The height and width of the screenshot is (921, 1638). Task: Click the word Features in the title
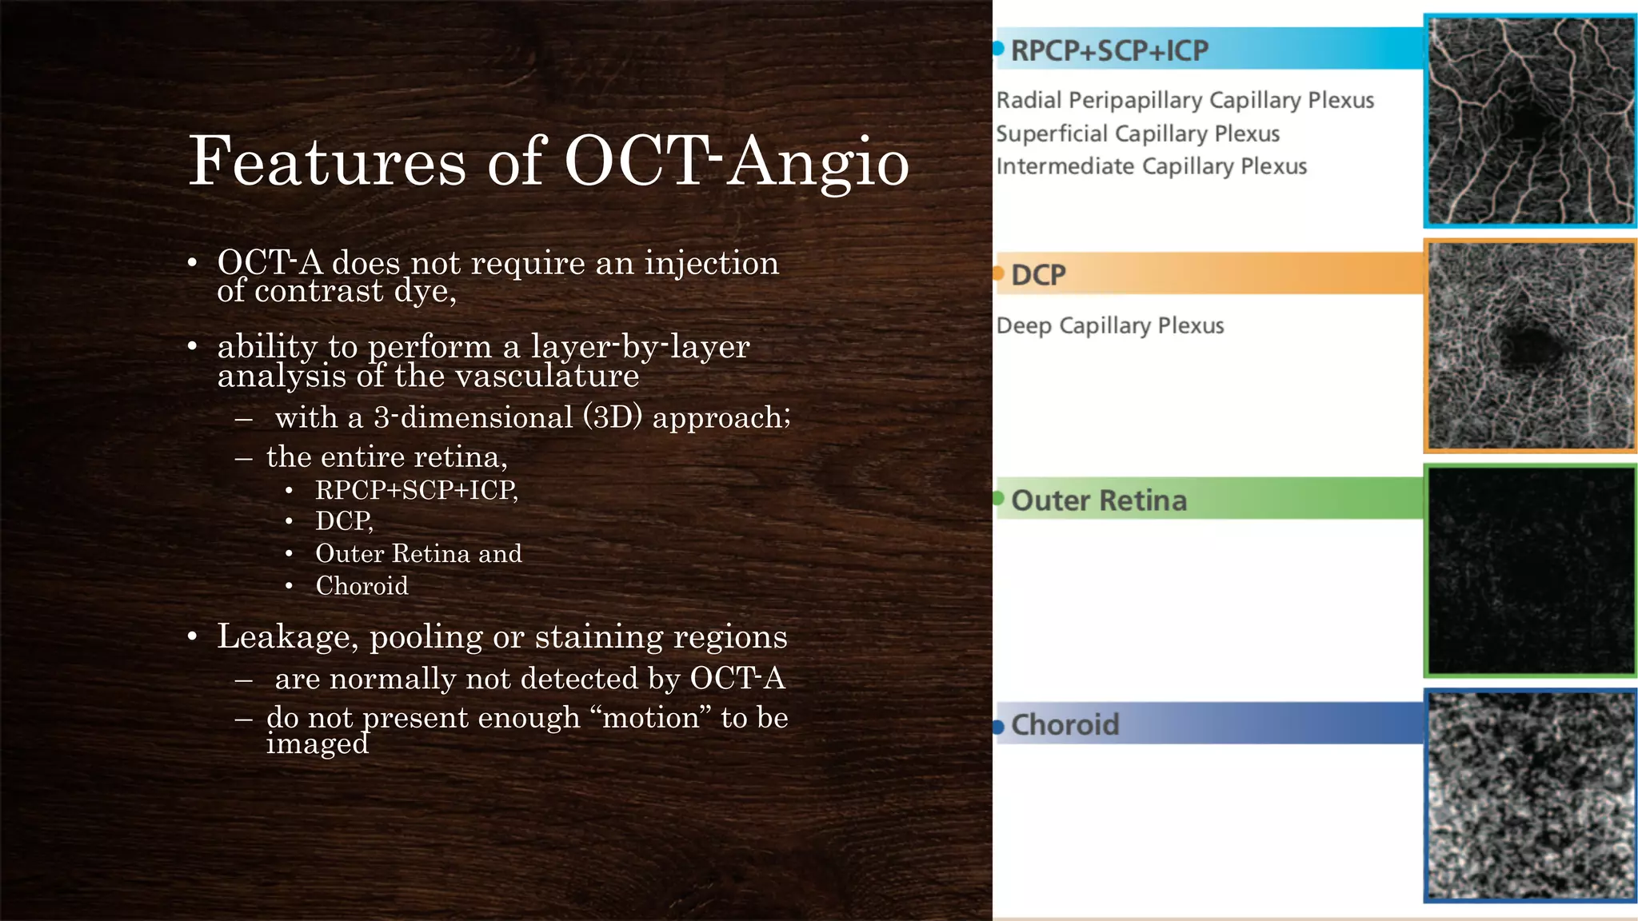(326, 162)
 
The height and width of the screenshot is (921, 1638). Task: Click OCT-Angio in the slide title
(736, 162)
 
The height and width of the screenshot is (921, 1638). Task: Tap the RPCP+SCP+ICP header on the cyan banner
(1109, 50)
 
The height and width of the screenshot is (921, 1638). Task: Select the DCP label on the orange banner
(1038, 275)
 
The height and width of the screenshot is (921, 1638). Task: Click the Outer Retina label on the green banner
(1099, 500)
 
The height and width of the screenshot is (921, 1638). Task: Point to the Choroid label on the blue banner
(1065, 724)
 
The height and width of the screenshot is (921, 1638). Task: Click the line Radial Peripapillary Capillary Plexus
(1185, 101)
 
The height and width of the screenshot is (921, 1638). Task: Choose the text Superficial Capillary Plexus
(1137, 134)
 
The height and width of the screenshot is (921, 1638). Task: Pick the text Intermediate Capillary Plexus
(1151, 166)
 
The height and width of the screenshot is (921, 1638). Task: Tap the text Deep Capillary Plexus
(1109, 325)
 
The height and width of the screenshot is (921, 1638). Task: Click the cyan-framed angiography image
(1530, 121)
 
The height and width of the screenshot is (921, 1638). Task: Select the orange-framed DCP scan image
(1530, 345)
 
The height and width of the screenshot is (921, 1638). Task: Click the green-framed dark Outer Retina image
(1530, 571)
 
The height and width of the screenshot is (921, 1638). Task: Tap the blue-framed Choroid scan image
(1530, 795)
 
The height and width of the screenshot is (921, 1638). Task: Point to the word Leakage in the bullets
(284, 637)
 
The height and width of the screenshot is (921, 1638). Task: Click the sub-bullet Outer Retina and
(418, 553)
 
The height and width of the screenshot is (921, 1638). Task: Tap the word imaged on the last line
(318, 744)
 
